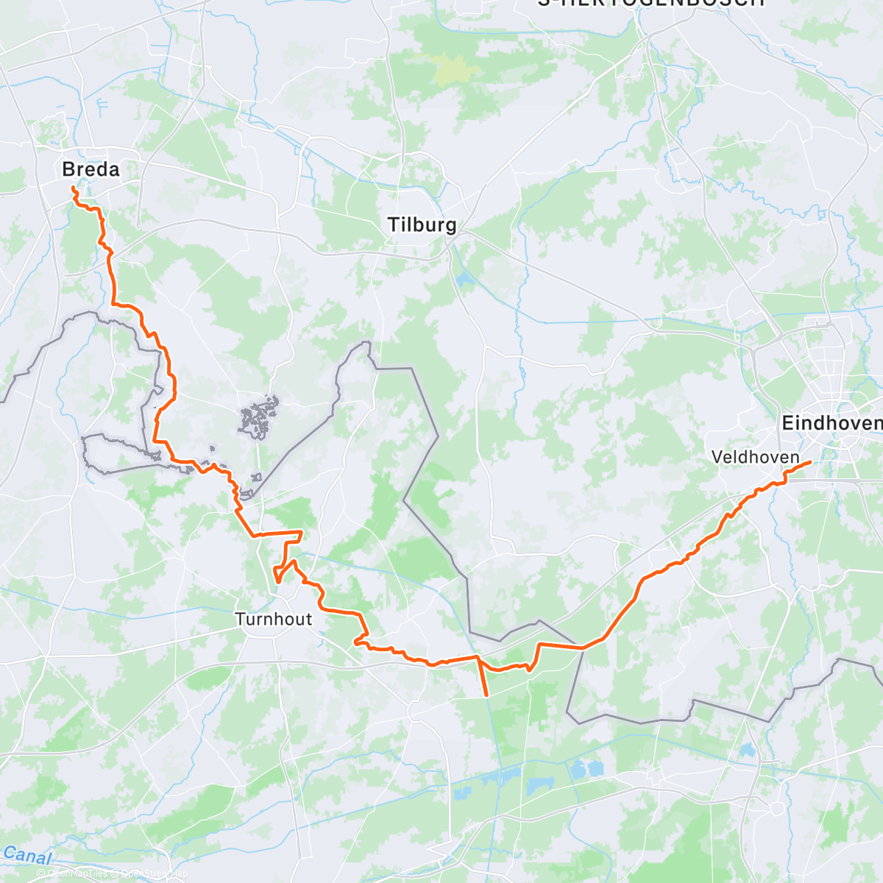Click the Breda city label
(x=91, y=169)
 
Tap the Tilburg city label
(x=422, y=225)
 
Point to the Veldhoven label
(x=755, y=457)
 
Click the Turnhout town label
(x=274, y=619)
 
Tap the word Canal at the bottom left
(x=27, y=855)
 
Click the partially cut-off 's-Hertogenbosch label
(x=651, y=3)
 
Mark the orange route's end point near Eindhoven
(x=810, y=462)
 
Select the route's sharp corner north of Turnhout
(x=301, y=531)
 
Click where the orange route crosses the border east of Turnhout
(x=582, y=648)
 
